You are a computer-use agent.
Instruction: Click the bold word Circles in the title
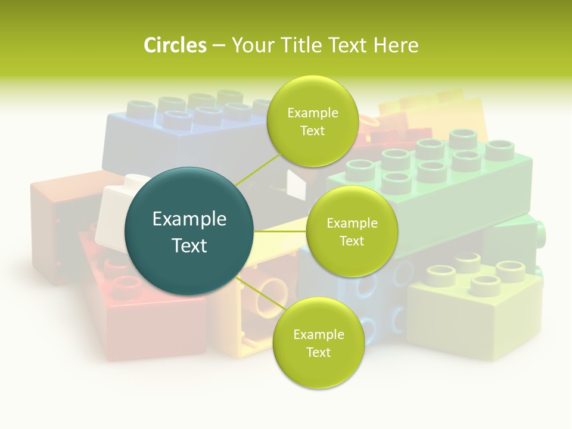point(175,45)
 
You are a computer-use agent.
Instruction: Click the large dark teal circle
point(189,231)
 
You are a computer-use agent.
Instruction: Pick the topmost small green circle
point(312,122)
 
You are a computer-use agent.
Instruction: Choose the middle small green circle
point(352,232)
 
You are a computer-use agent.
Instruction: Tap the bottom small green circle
point(318,343)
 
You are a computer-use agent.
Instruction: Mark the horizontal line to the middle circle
point(280,231)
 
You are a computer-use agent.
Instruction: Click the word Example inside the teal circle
point(189,219)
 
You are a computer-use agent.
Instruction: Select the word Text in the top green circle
point(312,131)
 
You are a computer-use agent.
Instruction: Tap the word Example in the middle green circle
point(352,223)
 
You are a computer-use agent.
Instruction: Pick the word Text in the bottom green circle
point(318,353)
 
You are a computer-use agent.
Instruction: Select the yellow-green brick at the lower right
point(477,310)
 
